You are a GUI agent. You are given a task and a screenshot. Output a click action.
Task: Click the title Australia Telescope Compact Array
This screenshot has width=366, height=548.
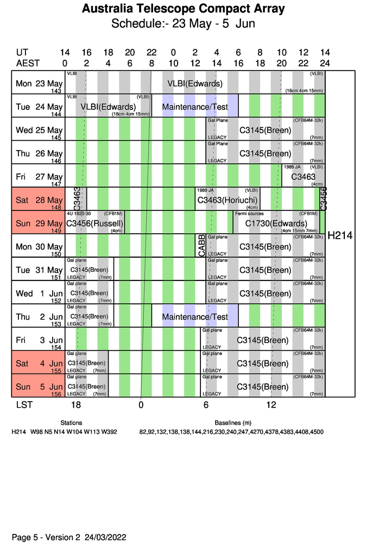point(183,9)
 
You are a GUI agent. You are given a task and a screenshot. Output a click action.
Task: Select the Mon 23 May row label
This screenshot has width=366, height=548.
point(39,84)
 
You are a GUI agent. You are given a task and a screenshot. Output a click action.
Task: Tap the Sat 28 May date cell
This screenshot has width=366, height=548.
point(39,200)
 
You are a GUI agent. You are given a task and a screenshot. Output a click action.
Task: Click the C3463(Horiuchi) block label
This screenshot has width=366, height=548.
point(228,200)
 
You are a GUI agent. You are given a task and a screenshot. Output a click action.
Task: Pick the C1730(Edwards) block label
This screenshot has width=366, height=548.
point(276,223)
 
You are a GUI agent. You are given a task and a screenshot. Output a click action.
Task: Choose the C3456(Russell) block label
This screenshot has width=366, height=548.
point(95,223)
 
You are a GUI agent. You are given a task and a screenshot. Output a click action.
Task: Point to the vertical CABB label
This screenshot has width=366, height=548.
point(200,246)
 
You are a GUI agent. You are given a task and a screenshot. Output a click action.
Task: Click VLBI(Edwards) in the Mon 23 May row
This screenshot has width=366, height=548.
point(195,84)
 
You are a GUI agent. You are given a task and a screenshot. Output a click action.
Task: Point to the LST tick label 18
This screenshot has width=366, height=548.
point(75,405)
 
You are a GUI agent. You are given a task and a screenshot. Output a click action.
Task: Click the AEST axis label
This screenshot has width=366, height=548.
point(27,63)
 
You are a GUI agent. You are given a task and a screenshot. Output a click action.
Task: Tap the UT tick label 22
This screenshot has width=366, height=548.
point(152,53)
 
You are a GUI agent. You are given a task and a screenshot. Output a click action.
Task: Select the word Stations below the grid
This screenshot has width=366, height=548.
point(71,422)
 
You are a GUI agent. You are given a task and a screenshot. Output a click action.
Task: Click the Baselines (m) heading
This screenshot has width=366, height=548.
point(233,422)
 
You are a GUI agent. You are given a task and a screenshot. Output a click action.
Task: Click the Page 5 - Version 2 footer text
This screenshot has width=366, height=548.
point(69,537)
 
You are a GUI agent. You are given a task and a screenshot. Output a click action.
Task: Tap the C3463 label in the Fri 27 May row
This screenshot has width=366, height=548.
point(303,177)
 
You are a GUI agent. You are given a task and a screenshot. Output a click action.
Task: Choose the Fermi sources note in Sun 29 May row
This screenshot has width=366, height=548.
point(248,214)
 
